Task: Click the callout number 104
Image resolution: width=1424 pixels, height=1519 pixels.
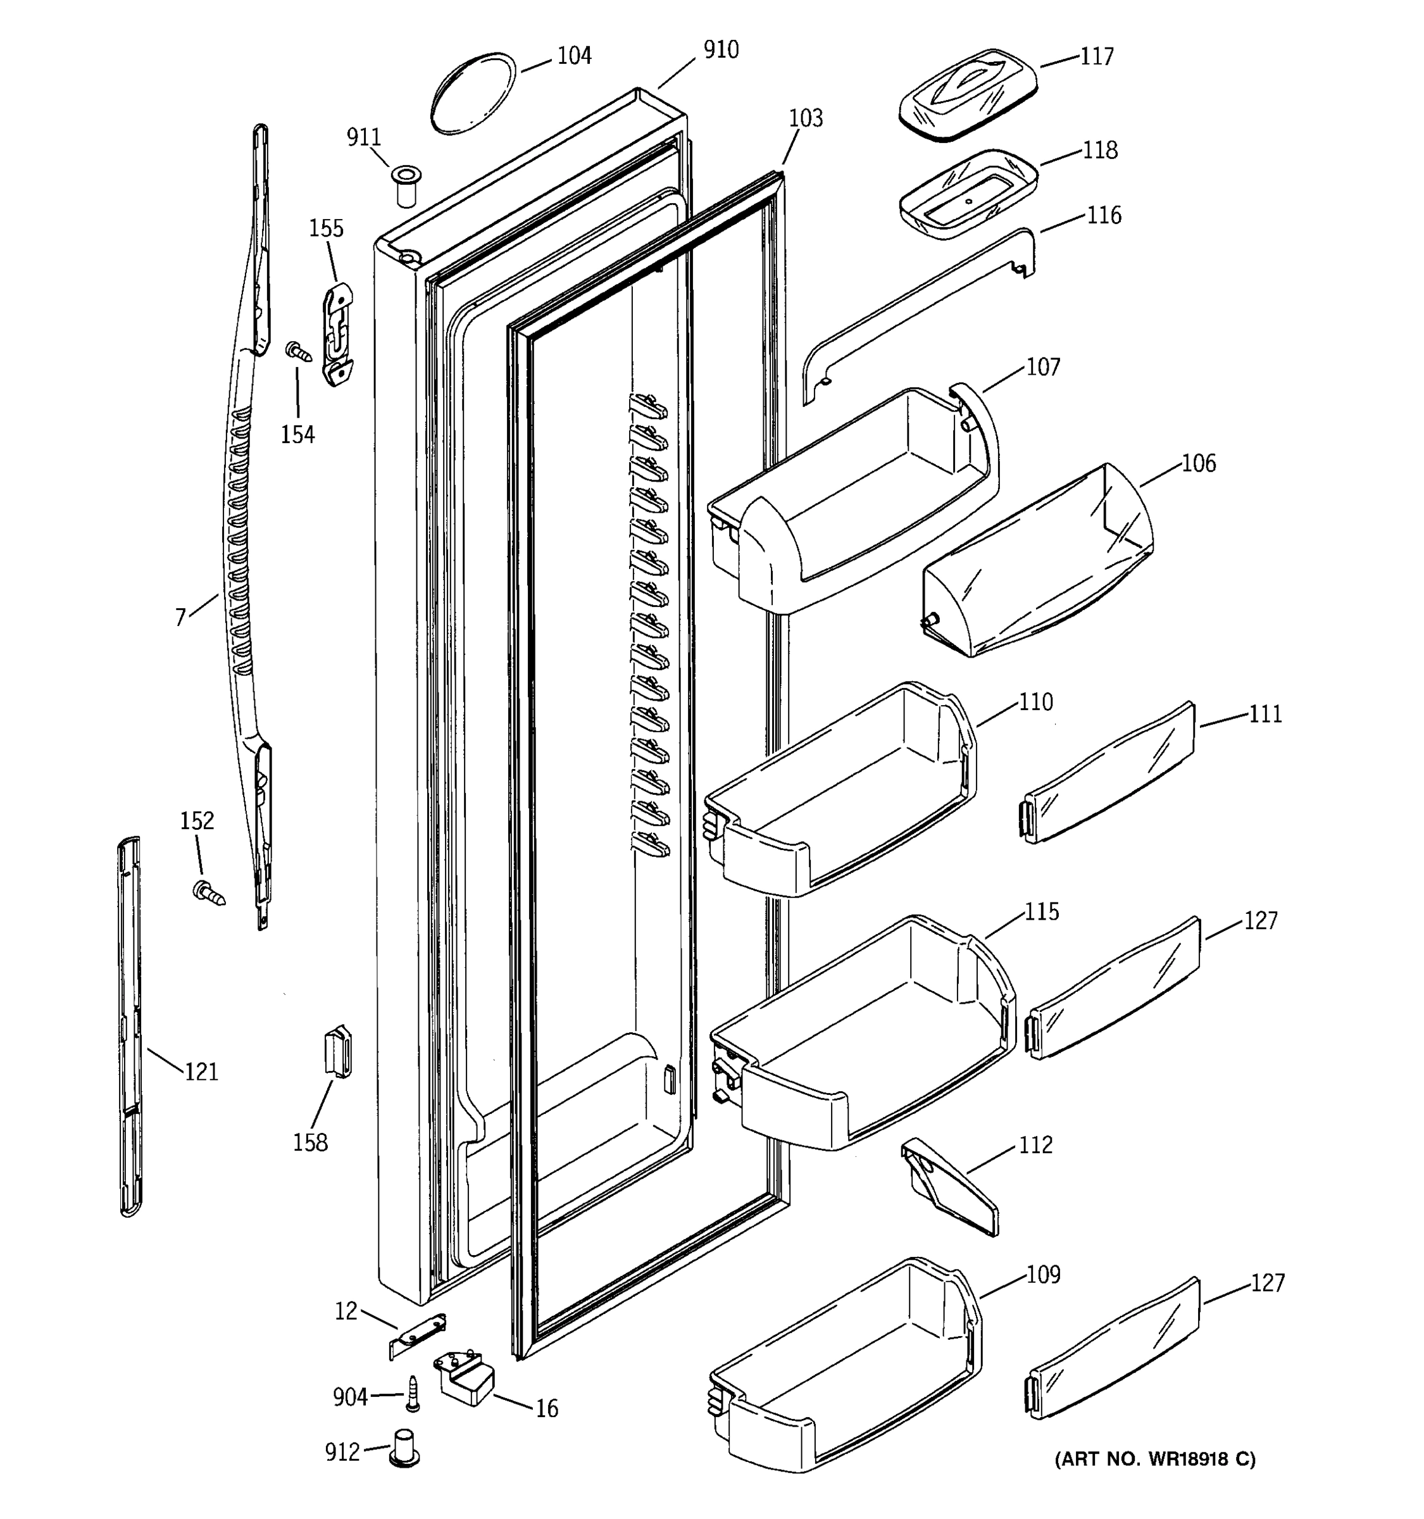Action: click(x=574, y=56)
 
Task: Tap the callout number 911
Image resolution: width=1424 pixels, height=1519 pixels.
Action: click(x=364, y=137)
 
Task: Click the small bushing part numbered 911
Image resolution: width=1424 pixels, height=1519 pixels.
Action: click(x=406, y=184)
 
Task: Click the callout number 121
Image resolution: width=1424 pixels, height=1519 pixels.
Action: click(x=202, y=1072)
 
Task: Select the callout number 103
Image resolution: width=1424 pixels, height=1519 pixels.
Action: click(x=806, y=118)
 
